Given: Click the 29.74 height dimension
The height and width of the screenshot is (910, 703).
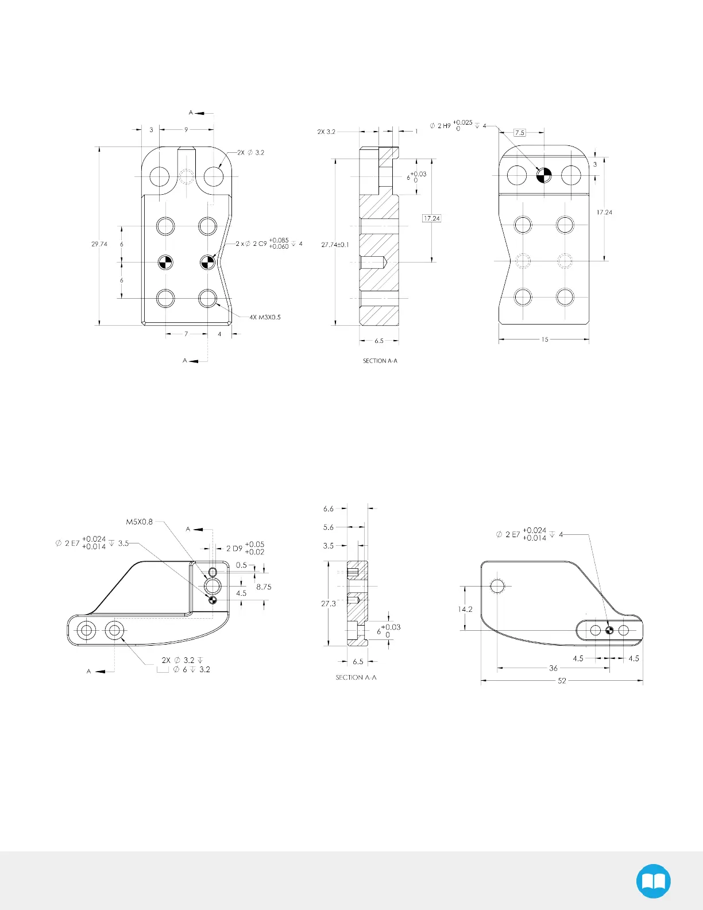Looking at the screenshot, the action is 99,244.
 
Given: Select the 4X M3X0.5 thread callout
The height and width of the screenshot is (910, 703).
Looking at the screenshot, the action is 265,317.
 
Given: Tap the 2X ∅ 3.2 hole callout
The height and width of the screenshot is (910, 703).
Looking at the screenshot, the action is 251,153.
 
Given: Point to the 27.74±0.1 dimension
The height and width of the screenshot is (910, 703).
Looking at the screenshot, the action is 335,245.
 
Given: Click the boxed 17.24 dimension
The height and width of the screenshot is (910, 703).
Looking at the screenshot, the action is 431,218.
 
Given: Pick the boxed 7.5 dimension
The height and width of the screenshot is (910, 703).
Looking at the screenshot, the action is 519,133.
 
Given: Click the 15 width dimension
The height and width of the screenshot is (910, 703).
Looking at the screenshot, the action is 544,340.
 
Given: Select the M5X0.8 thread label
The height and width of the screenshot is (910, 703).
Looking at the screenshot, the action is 140,522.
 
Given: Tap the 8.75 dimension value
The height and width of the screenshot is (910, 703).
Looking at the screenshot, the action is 264,587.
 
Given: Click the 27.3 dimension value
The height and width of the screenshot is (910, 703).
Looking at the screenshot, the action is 329,604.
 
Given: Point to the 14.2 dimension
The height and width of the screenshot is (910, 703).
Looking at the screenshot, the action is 465,609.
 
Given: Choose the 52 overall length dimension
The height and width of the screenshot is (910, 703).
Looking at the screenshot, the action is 562,681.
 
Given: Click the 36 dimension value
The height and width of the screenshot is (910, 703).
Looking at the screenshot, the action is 553,668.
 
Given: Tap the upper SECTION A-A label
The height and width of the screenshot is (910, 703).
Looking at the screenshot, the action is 380,361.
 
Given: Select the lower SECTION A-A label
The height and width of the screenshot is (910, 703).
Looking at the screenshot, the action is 356,678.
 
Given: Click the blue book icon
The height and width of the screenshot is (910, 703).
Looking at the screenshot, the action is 654,881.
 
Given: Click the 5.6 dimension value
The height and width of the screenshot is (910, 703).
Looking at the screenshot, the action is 329,527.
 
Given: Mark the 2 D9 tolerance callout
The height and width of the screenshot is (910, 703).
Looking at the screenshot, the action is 245,549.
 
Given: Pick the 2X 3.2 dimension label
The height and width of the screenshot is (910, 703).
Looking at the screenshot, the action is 326,132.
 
